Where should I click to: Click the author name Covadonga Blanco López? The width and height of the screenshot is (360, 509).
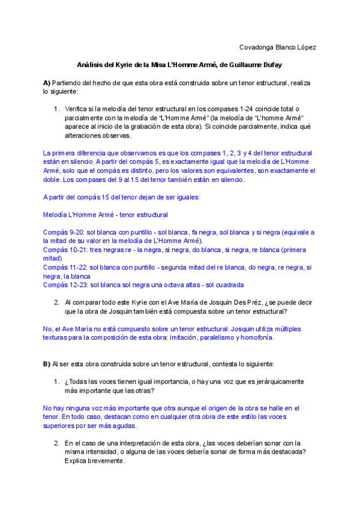278,47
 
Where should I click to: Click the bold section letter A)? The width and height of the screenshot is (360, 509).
47,82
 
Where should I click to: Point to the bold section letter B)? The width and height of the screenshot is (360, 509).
47,364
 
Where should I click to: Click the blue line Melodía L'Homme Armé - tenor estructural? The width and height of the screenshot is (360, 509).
106,214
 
